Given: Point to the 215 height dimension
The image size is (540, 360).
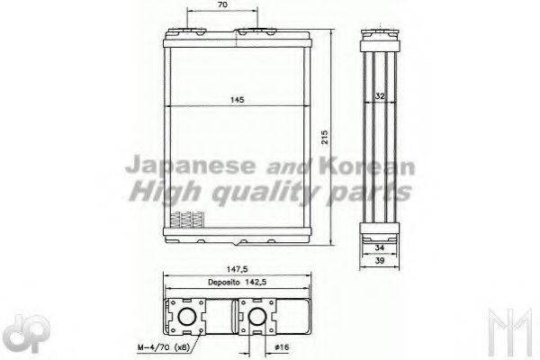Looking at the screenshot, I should pos(323,137).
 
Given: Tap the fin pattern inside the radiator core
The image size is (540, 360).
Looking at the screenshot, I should pos(186,219).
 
